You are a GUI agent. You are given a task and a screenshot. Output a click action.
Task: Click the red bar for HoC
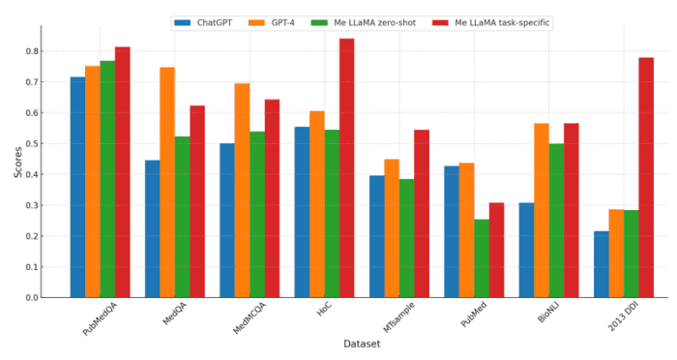(346, 168)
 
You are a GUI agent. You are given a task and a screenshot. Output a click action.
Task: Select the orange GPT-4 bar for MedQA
(167, 182)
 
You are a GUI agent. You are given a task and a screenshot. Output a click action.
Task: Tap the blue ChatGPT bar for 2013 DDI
(602, 264)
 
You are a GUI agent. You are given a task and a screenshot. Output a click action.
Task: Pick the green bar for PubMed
(482, 258)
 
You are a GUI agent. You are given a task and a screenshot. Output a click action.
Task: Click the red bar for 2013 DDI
(646, 178)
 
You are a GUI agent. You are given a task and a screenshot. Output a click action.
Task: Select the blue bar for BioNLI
(527, 251)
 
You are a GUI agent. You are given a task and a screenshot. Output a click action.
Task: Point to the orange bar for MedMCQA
(242, 191)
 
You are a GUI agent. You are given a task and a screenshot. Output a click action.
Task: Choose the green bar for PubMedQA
(107, 179)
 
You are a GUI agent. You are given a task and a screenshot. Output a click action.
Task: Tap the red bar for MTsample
(422, 214)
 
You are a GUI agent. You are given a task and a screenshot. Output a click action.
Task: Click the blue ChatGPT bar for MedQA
(153, 229)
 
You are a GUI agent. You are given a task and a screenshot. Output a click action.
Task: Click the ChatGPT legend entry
(203, 23)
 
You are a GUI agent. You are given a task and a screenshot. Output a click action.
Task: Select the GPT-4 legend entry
(272, 23)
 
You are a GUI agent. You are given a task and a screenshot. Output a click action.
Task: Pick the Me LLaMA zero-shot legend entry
(364, 23)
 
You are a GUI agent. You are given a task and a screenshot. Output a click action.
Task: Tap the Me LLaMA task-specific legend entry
(491, 23)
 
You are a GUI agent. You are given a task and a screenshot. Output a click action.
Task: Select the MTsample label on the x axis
(398, 317)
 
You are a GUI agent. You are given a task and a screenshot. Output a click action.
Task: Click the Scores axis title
(17, 162)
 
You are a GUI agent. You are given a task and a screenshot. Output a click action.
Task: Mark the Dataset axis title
(362, 344)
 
